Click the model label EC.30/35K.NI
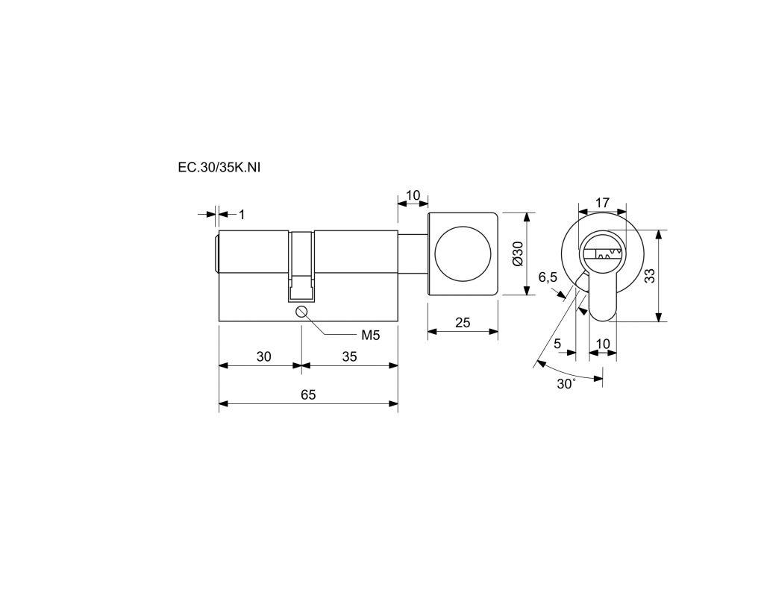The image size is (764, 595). click(x=219, y=168)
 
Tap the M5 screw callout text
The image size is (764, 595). click(x=370, y=335)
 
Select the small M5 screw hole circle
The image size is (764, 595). click(x=302, y=312)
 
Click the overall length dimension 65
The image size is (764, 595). click(x=308, y=395)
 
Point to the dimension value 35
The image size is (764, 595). click(x=349, y=357)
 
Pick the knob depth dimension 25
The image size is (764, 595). click(x=463, y=322)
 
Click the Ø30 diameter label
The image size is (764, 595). click(x=518, y=254)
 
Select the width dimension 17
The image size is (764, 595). click(x=603, y=202)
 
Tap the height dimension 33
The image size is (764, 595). click(x=650, y=276)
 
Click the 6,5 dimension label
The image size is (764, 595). click(x=548, y=277)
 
